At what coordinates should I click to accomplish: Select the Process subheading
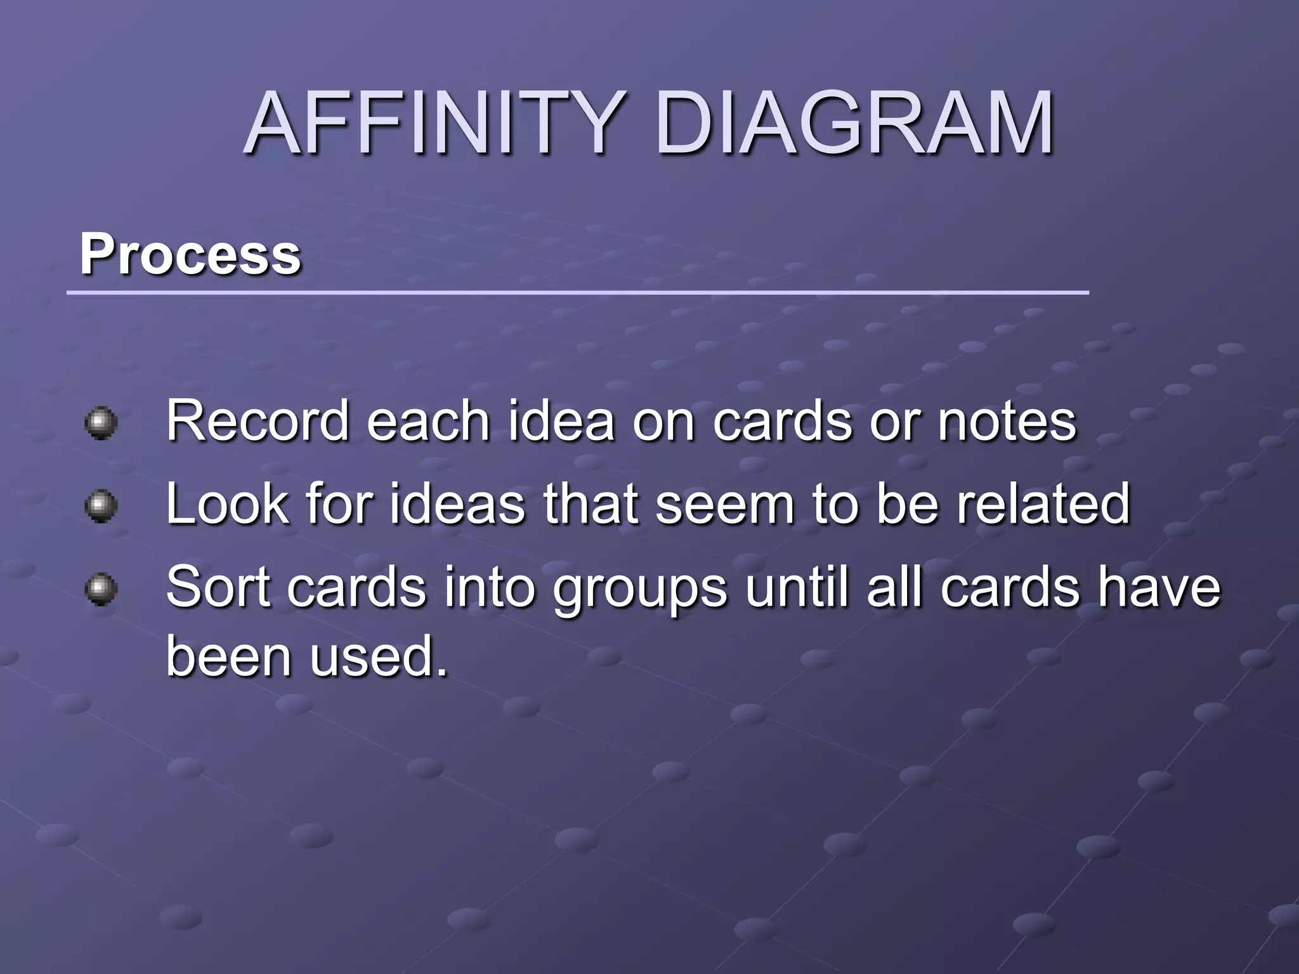point(190,254)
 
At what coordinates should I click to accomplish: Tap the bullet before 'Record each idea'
point(101,423)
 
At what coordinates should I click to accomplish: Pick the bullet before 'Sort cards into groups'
point(101,590)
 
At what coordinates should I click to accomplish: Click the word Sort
point(218,587)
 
